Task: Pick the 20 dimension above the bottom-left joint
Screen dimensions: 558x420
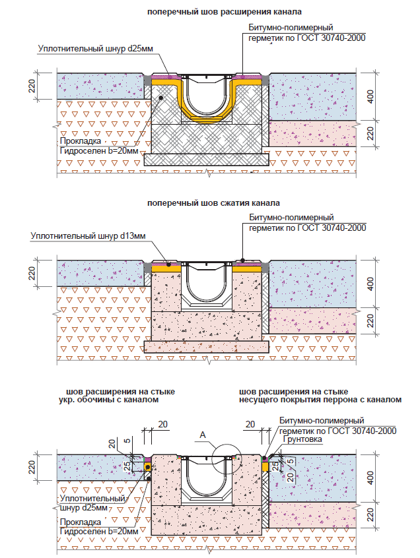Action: pyautogui.click(x=162, y=423)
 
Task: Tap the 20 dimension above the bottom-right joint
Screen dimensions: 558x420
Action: pyautogui.click(x=250, y=423)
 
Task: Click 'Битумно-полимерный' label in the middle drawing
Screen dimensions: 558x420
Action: pyautogui.click(x=291, y=217)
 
